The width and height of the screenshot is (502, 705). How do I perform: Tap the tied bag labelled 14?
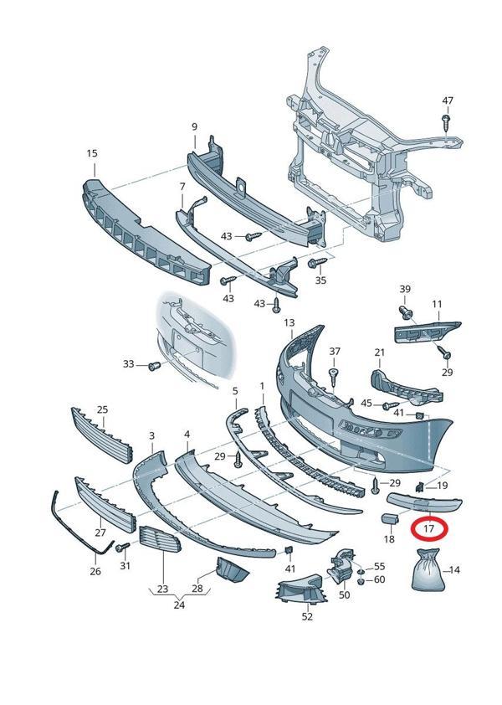(x=428, y=570)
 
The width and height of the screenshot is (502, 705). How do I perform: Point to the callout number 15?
(x=92, y=153)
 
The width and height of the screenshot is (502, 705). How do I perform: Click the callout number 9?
(x=195, y=126)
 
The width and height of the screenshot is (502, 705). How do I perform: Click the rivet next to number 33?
(x=155, y=366)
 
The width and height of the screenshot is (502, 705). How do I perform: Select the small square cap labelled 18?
(x=389, y=518)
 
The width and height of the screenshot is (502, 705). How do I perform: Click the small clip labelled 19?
(x=419, y=486)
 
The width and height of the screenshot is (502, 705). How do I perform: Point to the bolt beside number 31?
(x=121, y=547)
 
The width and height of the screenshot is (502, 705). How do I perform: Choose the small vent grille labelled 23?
(x=160, y=539)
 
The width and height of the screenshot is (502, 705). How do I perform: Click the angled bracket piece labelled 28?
(x=233, y=569)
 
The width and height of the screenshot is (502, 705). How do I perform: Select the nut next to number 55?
(x=361, y=572)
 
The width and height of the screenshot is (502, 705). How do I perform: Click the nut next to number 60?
(x=361, y=582)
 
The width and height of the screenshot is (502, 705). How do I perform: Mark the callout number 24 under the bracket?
(x=179, y=605)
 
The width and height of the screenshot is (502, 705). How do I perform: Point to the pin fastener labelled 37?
(x=334, y=374)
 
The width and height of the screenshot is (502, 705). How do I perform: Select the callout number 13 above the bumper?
(x=289, y=323)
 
